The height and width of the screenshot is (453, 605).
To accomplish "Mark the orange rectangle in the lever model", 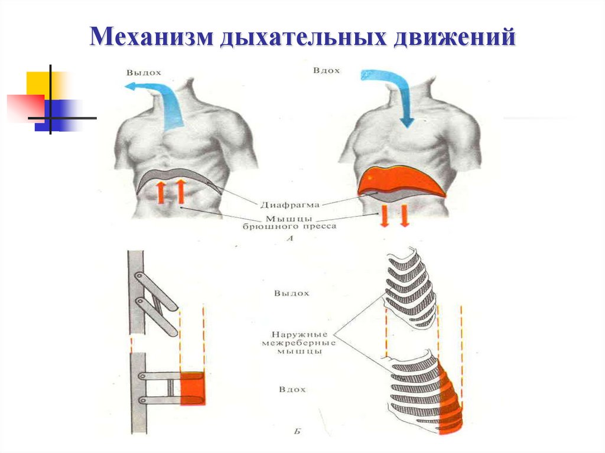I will (x=192, y=388).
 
